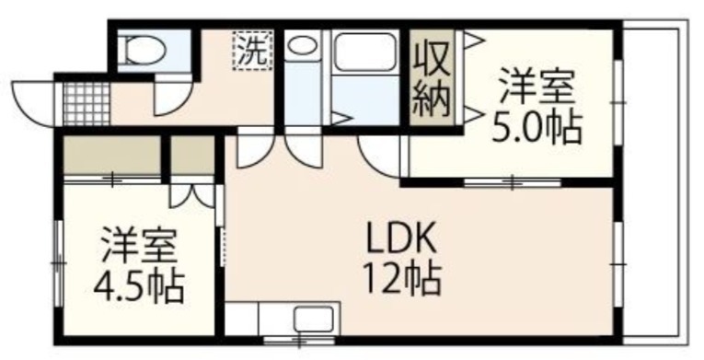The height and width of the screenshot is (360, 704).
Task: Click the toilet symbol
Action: [x=144, y=51]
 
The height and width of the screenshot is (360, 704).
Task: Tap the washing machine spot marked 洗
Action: [x=253, y=51]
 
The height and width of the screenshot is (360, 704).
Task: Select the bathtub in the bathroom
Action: [x=365, y=52]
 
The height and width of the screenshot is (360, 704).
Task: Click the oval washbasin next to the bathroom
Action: [x=303, y=46]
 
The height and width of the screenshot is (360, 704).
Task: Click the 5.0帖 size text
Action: [x=537, y=129]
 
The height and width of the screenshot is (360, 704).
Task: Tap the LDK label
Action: [x=401, y=238]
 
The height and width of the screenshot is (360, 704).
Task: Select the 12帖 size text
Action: [x=402, y=279]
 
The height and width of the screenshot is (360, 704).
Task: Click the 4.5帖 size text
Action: [x=139, y=286]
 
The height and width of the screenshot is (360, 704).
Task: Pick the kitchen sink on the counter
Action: [x=314, y=319]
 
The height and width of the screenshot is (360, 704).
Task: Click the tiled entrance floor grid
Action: [x=87, y=104]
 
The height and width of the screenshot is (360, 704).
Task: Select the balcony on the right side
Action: [x=655, y=182]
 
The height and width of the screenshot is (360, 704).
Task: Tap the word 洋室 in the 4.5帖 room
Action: [x=139, y=245]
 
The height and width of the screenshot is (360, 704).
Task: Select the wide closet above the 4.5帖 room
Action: [x=112, y=154]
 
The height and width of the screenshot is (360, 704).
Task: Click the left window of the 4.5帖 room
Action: [x=58, y=263]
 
